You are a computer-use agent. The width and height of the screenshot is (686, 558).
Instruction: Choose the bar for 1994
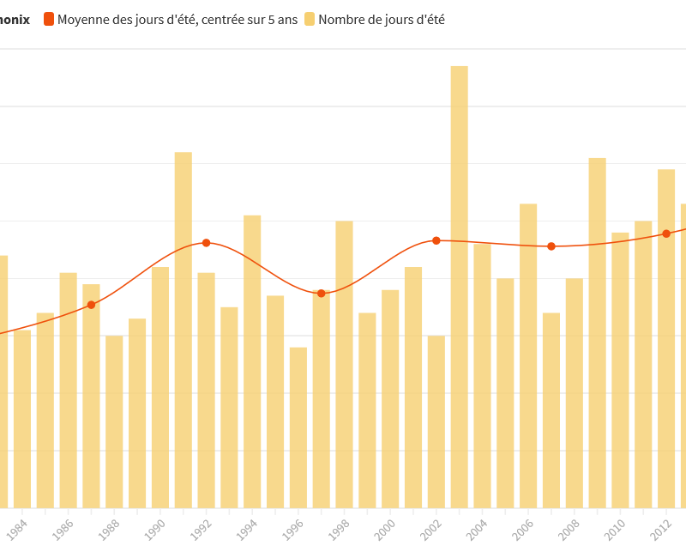pyautogui.click(x=252, y=361)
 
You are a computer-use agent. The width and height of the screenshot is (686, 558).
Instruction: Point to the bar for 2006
pyautogui.click(x=528, y=355)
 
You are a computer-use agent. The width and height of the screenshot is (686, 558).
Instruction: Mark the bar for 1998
pyautogui.click(x=344, y=364)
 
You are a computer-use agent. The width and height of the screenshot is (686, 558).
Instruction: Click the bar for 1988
pyautogui.click(x=114, y=422)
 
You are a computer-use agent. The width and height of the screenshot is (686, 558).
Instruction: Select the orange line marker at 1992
pyautogui.click(x=206, y=243)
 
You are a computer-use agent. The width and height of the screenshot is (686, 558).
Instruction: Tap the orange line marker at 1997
pyautogui.click(x=322, y=294)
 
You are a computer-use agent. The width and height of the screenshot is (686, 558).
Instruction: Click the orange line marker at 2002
pyautogui.click(x=436, y=240)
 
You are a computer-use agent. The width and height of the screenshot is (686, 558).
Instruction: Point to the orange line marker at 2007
pyautogui.click(x=551, y=246)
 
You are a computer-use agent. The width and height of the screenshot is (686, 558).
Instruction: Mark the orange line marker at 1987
pyautogui.click(x=91, y=305)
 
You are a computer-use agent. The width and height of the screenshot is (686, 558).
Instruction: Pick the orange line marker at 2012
pyautogui.click(x=666, y=234)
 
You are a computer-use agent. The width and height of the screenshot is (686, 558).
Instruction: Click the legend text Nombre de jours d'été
pyautogui.click(x=382, y=19)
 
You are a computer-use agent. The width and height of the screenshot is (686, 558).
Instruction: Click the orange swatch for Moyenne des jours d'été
pyautogui.click(x=49, y=19)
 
